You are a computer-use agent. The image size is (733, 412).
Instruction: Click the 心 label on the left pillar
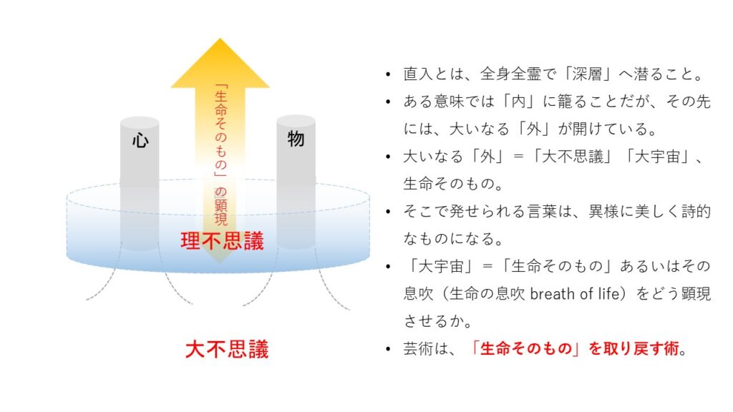(140, 139)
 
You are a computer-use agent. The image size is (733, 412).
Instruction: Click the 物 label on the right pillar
(296, 139)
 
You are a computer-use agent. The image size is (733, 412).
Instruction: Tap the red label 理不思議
(222, 241)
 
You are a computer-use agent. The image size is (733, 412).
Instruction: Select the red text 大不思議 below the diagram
(227, 349)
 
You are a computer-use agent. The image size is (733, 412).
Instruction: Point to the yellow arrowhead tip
(220, 39)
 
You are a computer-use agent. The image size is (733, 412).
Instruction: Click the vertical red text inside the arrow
(220, 154)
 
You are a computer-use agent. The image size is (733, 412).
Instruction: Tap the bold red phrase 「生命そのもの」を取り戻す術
(575, 348)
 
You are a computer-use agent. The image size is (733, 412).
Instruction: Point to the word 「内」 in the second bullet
(519, 102)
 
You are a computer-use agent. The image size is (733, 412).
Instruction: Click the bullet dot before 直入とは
(388, 74)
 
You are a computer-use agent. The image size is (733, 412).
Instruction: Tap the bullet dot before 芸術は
(388, 349)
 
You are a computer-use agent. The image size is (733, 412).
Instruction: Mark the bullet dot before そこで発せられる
(388, 212)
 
